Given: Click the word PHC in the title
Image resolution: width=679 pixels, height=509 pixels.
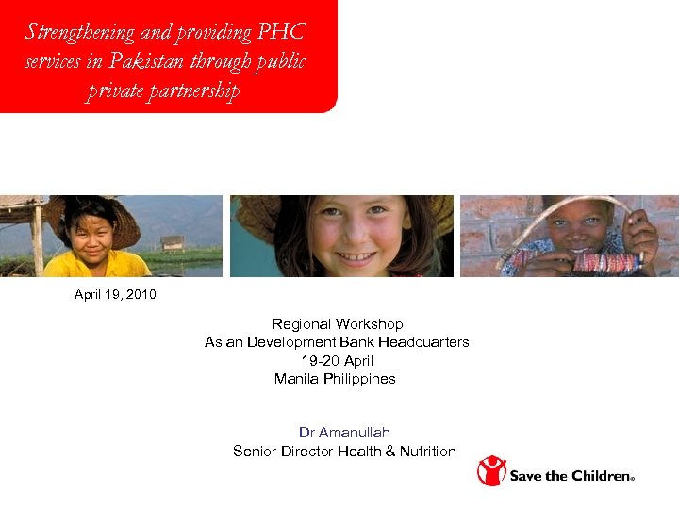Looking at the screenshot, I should pos(283,32).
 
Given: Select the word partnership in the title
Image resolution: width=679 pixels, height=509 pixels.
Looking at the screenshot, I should pos(194,91).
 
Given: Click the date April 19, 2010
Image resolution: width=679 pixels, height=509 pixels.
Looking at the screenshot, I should pos(115,295).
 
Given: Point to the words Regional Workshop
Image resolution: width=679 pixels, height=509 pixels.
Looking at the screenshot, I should pos(337,324).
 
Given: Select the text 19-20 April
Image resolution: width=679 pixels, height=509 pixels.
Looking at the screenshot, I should pos(337,361).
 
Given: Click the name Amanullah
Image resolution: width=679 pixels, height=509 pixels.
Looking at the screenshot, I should pos(355,433).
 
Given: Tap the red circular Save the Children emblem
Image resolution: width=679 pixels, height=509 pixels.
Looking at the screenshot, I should pos(491,470).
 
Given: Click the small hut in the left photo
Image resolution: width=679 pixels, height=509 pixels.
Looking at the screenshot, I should pos(173,242).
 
